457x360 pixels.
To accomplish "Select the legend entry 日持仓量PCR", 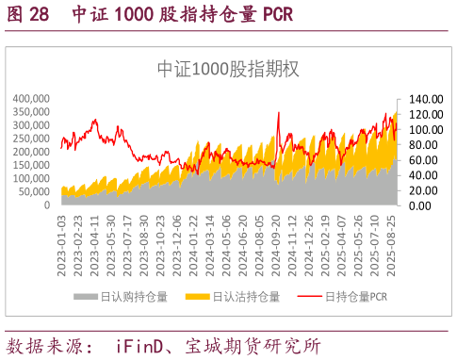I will click(x=356, y=298).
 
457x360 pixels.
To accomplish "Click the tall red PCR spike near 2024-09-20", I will click(x=279, y=114).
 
